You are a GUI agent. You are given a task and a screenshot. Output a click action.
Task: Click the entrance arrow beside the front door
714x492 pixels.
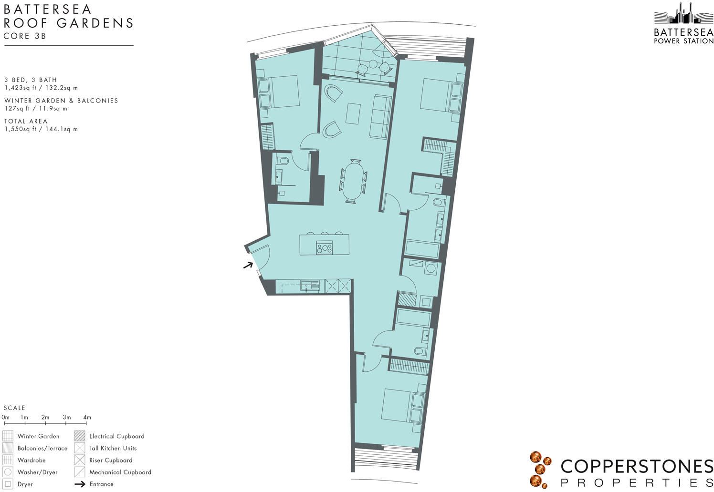248,265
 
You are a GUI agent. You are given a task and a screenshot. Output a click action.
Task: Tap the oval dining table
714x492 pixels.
353,182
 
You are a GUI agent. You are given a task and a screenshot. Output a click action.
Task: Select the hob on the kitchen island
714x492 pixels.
325,248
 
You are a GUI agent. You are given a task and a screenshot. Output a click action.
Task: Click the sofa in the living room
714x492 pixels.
380,117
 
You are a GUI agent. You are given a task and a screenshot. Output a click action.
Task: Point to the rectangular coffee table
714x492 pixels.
354,113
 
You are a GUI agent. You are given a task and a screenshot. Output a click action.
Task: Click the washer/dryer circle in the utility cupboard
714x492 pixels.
431,268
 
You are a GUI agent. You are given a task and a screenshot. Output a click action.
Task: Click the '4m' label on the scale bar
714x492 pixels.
87,417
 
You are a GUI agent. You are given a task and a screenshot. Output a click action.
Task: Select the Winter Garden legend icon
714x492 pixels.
8,436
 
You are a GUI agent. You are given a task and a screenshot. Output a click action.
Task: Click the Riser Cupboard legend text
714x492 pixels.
111,460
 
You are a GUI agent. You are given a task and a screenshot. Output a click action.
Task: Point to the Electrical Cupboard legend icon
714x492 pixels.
80,436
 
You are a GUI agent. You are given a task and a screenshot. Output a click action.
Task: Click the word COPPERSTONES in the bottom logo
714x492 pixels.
637,467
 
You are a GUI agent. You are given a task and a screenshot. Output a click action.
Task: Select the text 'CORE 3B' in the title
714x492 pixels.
25,36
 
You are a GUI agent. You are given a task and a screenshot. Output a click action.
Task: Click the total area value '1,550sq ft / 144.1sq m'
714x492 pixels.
41,129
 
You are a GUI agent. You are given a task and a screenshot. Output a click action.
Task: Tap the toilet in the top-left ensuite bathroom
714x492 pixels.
283,162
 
